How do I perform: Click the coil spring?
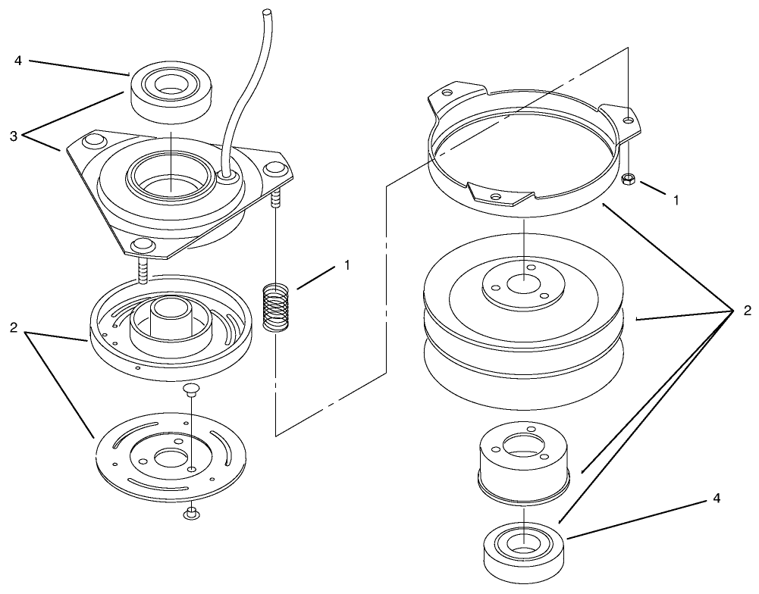276,308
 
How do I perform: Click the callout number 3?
14,136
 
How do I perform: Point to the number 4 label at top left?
18,61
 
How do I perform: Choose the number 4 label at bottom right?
717,498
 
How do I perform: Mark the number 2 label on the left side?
14,328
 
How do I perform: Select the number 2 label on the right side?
748,310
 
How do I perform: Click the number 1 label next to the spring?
347,264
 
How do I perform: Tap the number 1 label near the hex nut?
676,199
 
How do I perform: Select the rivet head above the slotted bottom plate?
192,389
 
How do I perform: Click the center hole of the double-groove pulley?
524,284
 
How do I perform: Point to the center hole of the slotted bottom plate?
168,457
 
